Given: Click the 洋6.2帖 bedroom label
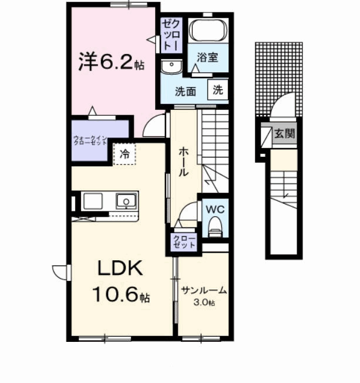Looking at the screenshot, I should coord(112,62).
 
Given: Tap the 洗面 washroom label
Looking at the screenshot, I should coord(186,91).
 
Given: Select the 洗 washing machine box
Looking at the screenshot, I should coord(217,90).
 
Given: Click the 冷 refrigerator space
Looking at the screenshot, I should coord(125,154).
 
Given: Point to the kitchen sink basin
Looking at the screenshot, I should coord(126,202).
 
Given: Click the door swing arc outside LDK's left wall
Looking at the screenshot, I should coord(60,273).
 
